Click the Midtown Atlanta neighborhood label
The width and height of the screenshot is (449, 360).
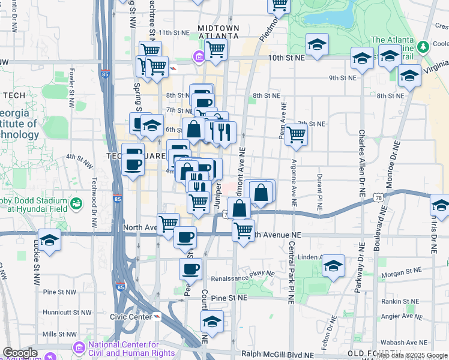[218, 32]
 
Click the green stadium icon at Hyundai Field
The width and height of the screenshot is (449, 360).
[76, 205]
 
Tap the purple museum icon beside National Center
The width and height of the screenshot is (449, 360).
[79, 347]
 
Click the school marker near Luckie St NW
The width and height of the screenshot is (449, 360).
[50, 240]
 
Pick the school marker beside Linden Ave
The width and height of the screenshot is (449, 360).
[333, 265]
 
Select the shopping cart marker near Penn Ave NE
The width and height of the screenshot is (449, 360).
[296, 134]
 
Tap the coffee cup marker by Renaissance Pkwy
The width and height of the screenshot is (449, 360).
[191, 269]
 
